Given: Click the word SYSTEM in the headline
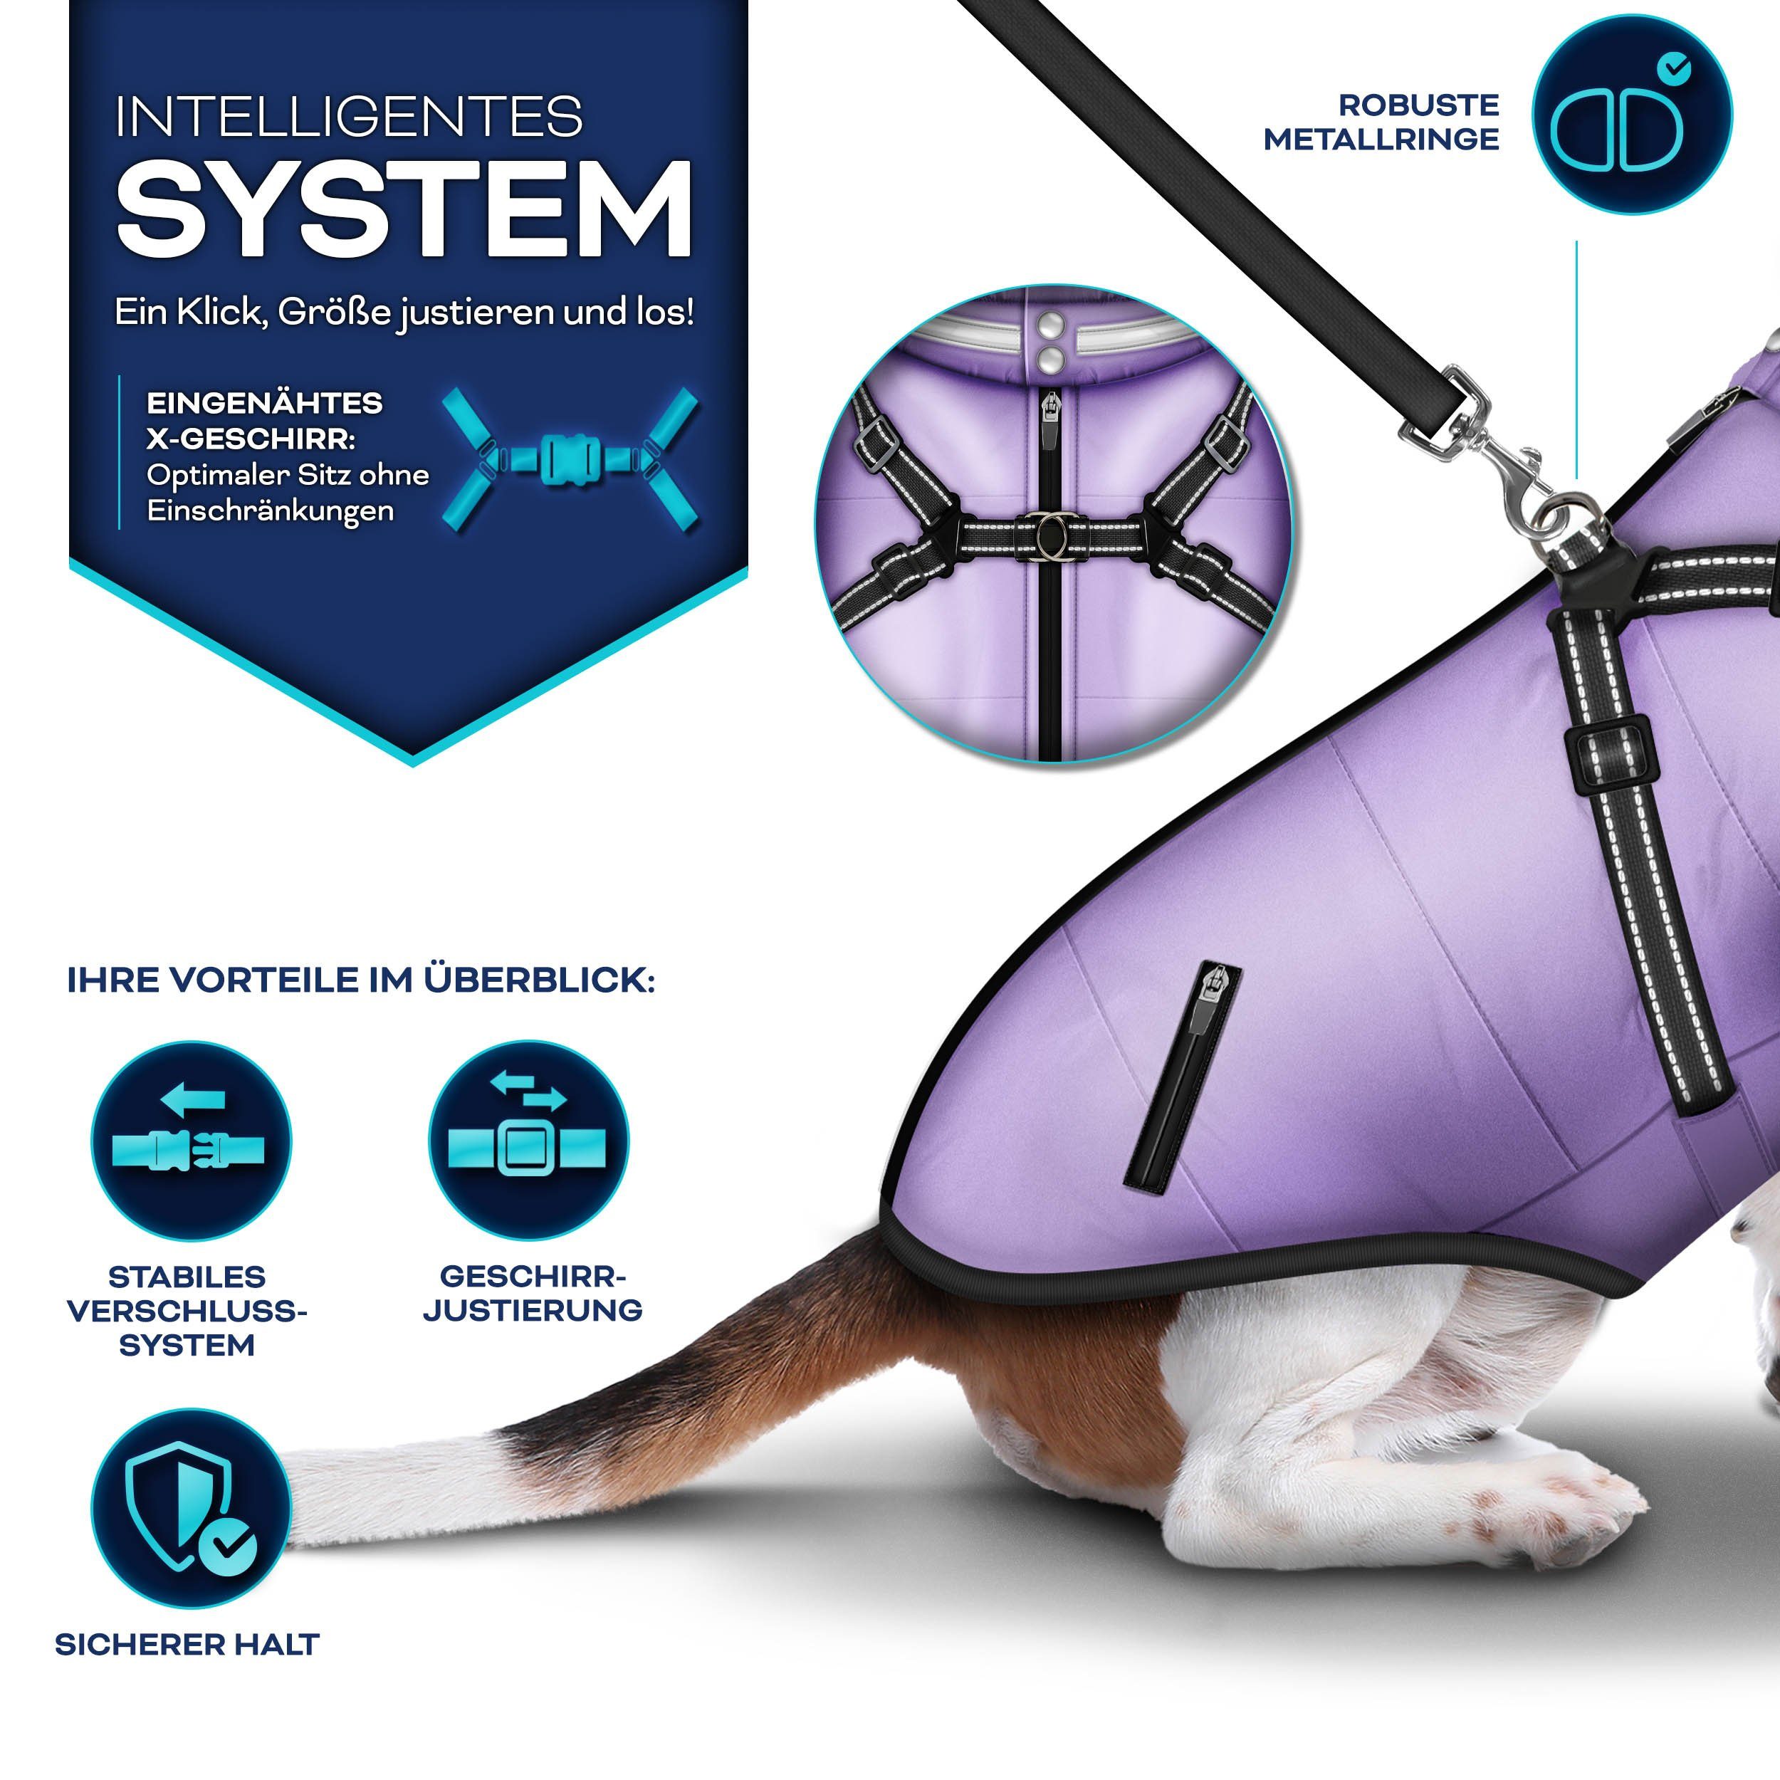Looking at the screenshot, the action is pos(404,210).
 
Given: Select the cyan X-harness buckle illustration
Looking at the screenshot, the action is pos(570,458).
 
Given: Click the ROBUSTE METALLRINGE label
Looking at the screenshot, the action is pos(1381,122).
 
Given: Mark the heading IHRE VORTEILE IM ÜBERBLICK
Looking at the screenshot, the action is pos(361,980).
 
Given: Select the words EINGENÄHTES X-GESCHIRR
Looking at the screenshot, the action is pos(263,420).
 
